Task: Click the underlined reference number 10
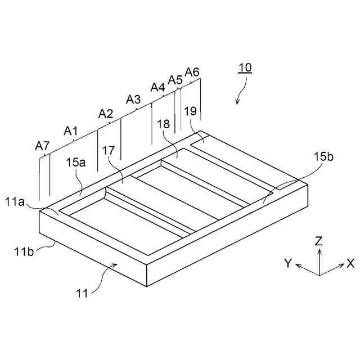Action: [245, 68]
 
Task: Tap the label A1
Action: [71, 131]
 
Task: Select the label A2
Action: [106, 114]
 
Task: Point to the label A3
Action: [133, 100]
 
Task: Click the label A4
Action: [157, 87]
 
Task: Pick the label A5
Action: [175, 80]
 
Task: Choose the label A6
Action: [192, 72]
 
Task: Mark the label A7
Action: [42, 146]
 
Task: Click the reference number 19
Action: [190, 111]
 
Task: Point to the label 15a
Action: [75, 163]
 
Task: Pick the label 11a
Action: [16, 202]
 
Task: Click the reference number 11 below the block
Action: [83, 292]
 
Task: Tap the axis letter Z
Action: [319, 241]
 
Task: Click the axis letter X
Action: [350, 263]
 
